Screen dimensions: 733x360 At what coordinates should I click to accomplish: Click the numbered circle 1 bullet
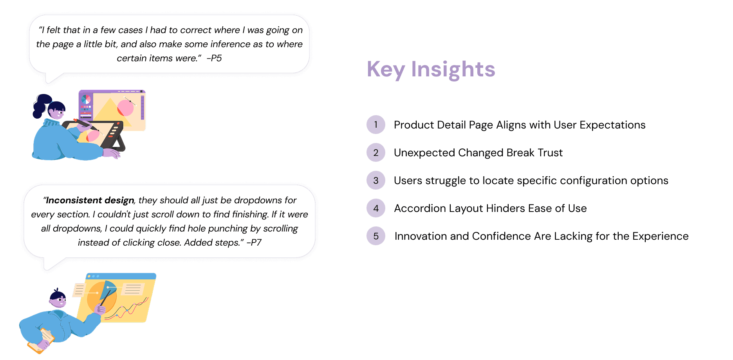click(x=376, y=125)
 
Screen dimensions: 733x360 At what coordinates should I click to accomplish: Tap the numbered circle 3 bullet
click(x=376, y=180)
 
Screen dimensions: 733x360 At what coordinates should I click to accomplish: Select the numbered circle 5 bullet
click(x=376, y=236)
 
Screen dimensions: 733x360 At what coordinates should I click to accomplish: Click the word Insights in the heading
click(x=453, y=69)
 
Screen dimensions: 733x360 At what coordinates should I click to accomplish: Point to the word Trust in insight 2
click(x=550, y=152)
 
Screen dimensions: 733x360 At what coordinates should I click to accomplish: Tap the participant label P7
click(x=256, y=242)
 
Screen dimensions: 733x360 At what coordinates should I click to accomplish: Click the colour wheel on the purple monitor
click(x=86, y=99)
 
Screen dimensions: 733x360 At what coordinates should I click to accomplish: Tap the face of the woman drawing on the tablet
click(x=58, y=112)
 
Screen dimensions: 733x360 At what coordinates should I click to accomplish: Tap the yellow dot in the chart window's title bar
click(x=93, y=276)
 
